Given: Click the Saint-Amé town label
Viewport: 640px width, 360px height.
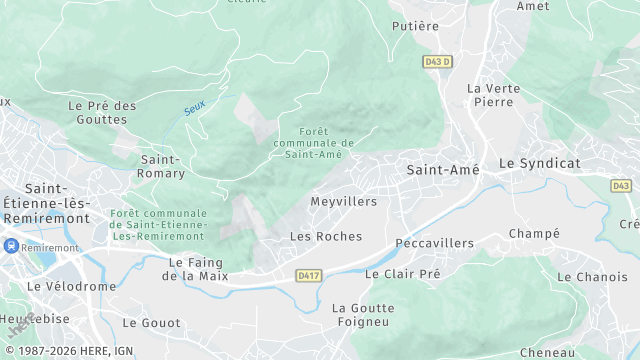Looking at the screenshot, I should tap(443, 170).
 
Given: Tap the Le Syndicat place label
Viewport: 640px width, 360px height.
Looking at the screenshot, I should tap(539, 163).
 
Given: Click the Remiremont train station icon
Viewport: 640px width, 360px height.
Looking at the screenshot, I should tap(9, 245).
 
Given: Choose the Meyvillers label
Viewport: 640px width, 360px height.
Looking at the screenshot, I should tap(344, 202).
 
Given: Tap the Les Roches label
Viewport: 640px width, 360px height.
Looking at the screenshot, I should tap(325, 237).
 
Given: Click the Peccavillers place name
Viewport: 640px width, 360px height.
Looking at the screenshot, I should tap(434, 243).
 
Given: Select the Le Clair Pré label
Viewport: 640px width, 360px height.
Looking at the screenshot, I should tap(403, 273).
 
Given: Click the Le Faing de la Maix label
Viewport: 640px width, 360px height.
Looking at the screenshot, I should tap(200, 268).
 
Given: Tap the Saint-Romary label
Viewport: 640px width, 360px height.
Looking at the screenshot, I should tap(160, 167).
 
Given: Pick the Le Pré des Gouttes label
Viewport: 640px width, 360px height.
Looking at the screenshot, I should tap(102, 112).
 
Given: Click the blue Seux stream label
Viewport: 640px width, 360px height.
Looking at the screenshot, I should tap(195, 107).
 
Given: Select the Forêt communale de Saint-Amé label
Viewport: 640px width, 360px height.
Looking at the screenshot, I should tap(327, 143).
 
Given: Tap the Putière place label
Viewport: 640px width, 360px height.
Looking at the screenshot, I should tap(416, 26).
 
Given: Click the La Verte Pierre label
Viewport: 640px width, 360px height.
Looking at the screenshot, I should tap(494, 95).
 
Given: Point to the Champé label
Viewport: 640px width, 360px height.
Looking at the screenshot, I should tap(534, 233).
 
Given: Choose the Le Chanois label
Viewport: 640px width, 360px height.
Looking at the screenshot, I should tap(592, 277).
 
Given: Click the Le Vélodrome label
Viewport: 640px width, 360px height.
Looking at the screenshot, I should tap(72, 286).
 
